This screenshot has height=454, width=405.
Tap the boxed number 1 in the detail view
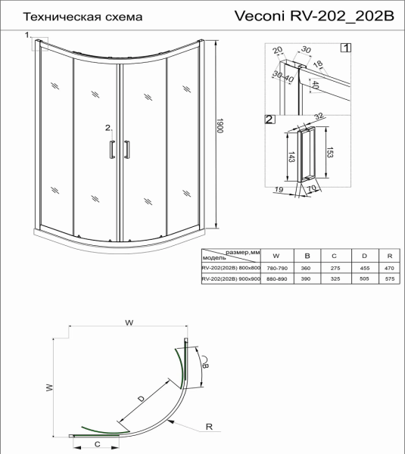pos(346,48)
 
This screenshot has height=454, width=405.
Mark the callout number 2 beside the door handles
pos(108,127)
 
